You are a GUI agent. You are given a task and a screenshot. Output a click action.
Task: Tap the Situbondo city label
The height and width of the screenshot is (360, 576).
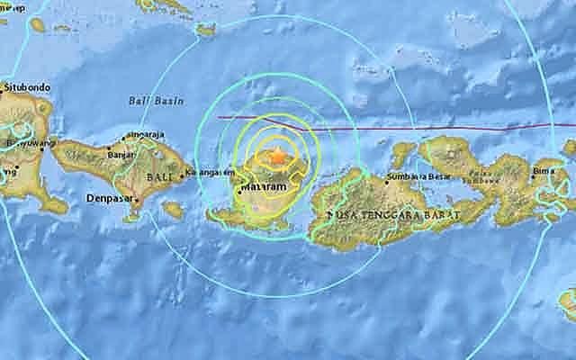(x=28, y=87)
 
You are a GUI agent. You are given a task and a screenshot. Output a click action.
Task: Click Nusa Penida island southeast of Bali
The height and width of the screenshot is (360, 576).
(x=173, y=210)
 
